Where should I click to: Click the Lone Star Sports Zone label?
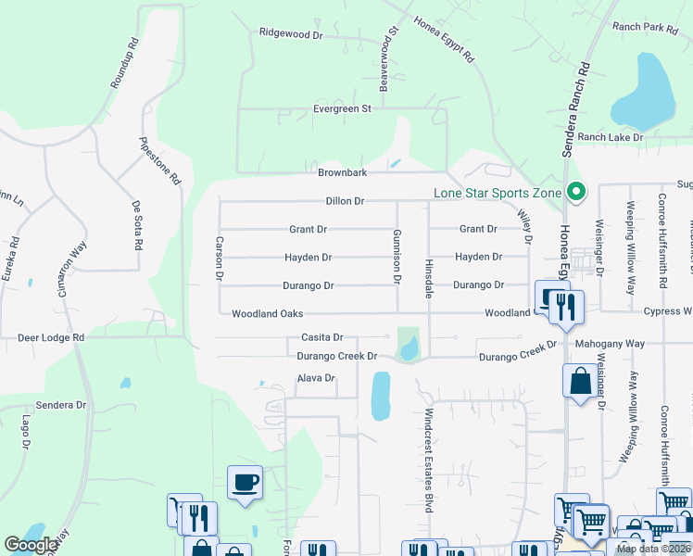[498, 193]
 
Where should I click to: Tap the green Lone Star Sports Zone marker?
[576, 193]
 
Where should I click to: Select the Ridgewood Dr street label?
[291, 34]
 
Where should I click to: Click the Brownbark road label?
[343, 173]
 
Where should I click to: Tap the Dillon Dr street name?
[345, 201]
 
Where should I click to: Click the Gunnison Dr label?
[397, 257]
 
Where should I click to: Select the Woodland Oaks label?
[268, 314]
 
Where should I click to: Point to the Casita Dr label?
[322, 338]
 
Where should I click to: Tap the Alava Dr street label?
[315, 378]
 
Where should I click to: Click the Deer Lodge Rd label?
[51, 338]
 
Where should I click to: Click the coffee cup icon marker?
[246, 483]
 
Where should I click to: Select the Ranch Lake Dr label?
[610, 137]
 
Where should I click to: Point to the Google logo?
[31, 545]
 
